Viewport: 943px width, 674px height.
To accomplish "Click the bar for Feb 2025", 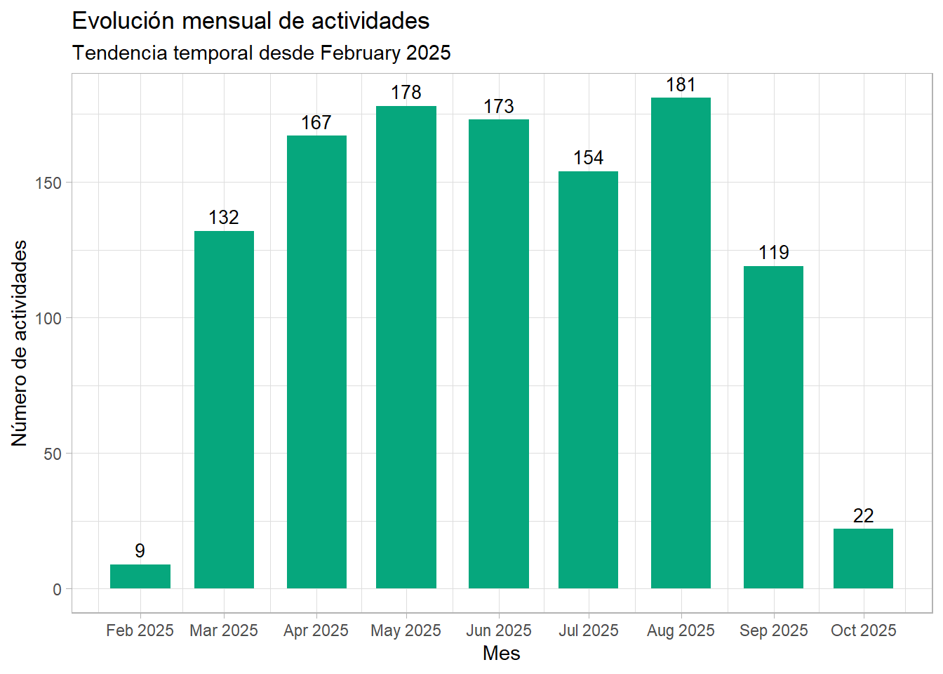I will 140,576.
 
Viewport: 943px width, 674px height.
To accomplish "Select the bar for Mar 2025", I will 224,409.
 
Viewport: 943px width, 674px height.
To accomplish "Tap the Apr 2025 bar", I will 316,362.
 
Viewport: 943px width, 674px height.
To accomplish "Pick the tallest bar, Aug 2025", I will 681,343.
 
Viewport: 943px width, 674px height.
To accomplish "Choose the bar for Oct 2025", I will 863,558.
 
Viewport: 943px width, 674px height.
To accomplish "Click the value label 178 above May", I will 406,93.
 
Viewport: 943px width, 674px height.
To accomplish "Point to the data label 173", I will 499,107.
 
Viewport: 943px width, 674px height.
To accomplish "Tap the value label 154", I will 588,158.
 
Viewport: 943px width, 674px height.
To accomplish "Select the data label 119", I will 773,253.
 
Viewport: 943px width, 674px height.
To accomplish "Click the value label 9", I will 140,551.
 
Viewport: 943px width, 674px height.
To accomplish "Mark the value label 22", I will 863,516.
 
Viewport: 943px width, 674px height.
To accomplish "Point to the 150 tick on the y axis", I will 48,183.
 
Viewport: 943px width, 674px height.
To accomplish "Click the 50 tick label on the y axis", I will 53,454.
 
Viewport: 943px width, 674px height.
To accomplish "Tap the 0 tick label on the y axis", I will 57,590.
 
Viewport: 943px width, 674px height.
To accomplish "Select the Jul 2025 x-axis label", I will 588,630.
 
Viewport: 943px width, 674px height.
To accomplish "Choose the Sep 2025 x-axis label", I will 773,630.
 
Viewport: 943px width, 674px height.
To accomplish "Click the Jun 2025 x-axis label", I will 499,630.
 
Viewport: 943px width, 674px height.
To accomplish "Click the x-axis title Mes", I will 501,653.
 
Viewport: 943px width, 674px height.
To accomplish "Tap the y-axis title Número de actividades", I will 20,343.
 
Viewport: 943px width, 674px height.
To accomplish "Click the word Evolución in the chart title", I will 123,21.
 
